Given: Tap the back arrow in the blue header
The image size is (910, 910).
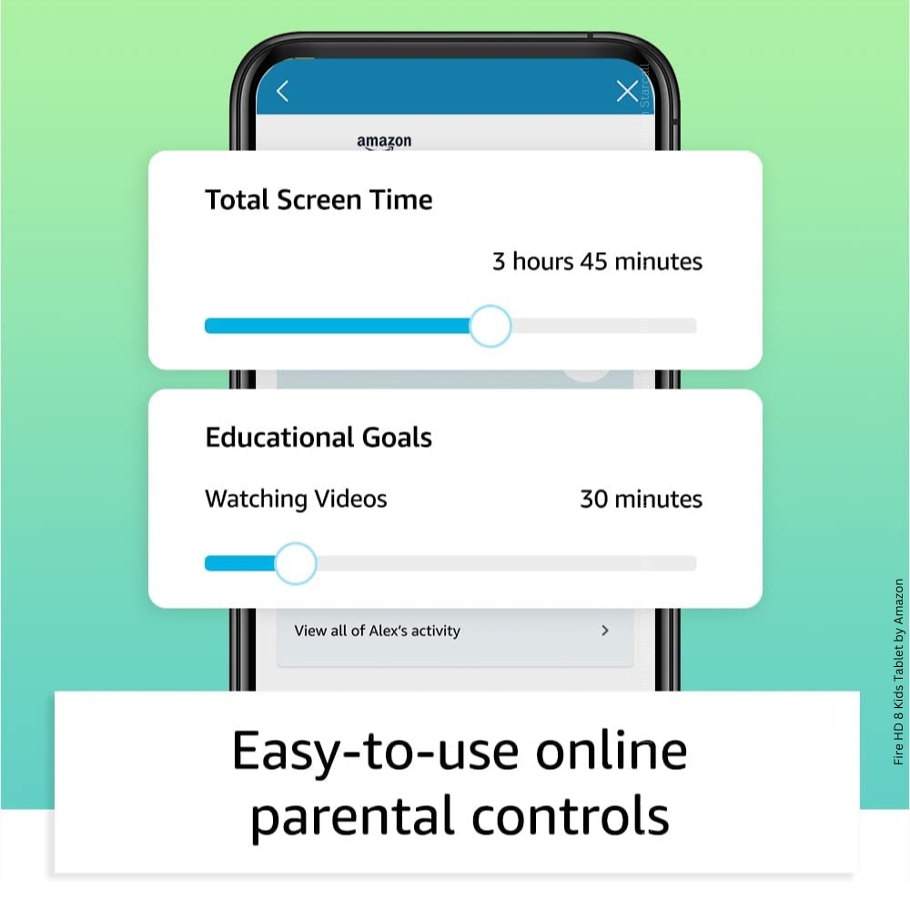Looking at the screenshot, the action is (x=283, y=91).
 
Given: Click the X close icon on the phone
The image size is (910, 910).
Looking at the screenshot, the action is (x=627, y=91).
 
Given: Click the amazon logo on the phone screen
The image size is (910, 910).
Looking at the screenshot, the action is (x=384, y=142).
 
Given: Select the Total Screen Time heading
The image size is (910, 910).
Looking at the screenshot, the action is (x=318, y=199).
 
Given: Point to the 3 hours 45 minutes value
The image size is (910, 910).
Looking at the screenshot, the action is (x=597, y=262).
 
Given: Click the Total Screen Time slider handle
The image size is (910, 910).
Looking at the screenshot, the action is (x=490, y=326).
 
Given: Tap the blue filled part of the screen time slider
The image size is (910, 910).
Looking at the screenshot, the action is (x=338, y=326).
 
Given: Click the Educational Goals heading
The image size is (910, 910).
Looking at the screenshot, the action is (x=318, y=438).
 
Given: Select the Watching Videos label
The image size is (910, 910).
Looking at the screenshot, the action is (x=296, y=499).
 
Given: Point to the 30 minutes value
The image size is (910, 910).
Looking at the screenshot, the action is (x=642, y=499).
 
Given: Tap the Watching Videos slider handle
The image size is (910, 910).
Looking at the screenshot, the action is (x=296, y=563).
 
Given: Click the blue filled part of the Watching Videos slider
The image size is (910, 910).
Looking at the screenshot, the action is (x=239, y=563).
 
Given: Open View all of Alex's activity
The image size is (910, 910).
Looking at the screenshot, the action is (x=378, y=631).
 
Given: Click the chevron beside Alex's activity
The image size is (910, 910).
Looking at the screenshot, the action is (x=605, y=631).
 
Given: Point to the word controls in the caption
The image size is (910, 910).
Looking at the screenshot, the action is (x=571, y=815).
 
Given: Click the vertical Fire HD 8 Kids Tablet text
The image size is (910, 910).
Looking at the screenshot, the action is (x=898, y=672).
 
